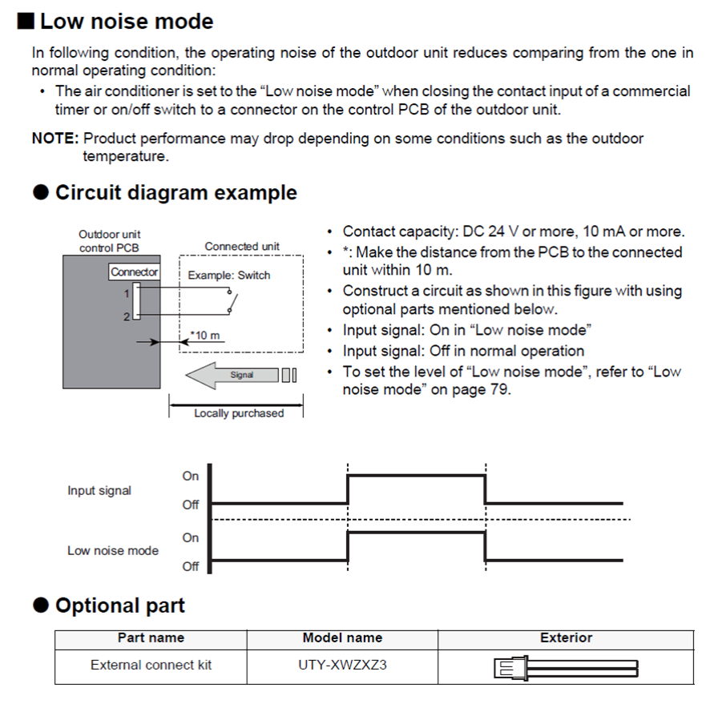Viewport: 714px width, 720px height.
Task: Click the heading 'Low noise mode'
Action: coord(127,22)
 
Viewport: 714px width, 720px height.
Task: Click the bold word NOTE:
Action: coord(54,139)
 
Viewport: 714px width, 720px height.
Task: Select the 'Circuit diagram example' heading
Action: coord(175,193)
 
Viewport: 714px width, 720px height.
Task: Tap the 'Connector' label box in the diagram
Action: coord(135,272)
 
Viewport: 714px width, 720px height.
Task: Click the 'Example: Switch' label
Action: coord(229,276)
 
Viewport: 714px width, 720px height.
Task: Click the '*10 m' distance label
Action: coord(205,336)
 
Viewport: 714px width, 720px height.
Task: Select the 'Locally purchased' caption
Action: coord(238,413)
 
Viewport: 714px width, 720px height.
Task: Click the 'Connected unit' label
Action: coord(242,247)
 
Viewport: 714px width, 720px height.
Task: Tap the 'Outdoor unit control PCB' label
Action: coord(109,241)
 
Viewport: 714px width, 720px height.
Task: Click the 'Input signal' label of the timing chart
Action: coord(99,490)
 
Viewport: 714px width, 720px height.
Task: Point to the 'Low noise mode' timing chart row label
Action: coord(113,551)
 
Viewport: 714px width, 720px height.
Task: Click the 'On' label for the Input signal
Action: coord(190,476)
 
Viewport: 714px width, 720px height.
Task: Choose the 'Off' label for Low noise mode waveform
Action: coord(190,566)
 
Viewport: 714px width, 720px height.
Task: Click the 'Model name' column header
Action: coord(342,638)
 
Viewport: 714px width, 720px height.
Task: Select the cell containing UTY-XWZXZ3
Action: coord(342,665)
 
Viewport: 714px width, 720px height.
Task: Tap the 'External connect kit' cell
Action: coord(151,665)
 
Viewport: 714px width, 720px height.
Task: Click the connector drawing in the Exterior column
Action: coord(566,667)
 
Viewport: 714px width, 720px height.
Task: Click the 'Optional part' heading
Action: coord(119,605)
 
